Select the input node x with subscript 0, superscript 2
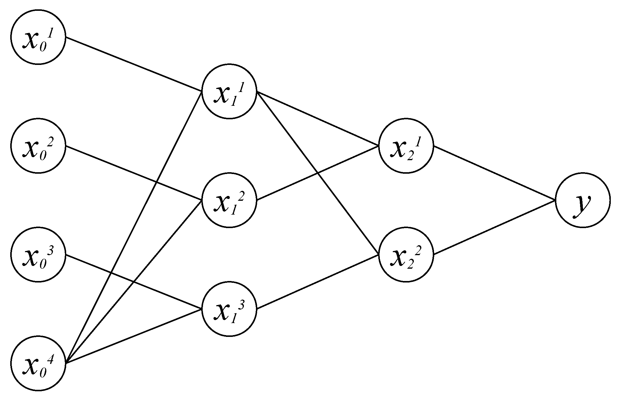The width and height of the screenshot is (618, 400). click(x=38, y=146)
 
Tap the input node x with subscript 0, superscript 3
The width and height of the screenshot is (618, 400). click(x=38, y=255)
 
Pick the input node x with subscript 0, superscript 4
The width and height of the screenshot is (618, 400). click(x=38, y=364)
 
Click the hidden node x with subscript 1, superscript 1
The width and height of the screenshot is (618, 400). click(x=229, y=92)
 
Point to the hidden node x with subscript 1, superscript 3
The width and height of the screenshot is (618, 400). click(x=229, y=309)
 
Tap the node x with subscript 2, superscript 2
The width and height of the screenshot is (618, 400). click(x=406, y=255)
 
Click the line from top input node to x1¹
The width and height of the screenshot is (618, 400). click(x=134, y=64)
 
